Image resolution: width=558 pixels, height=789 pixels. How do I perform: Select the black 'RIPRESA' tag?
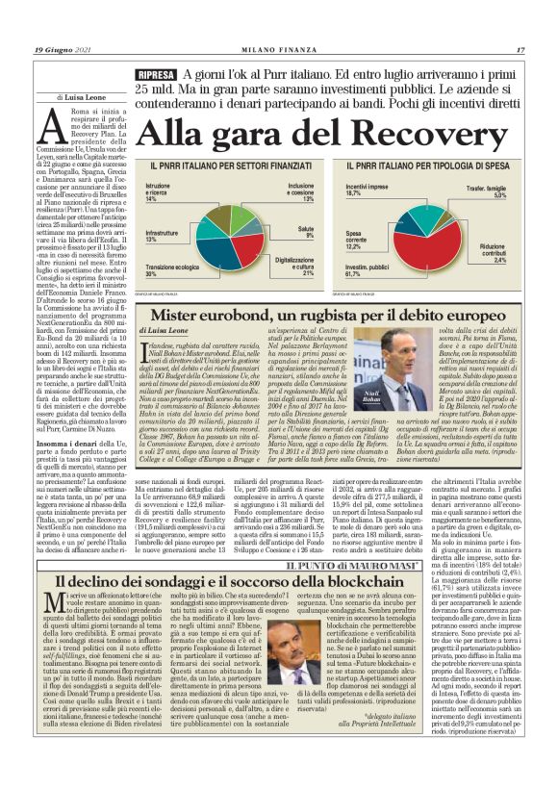(156, 75)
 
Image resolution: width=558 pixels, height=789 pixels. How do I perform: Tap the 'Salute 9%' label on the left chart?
(304, 233)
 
